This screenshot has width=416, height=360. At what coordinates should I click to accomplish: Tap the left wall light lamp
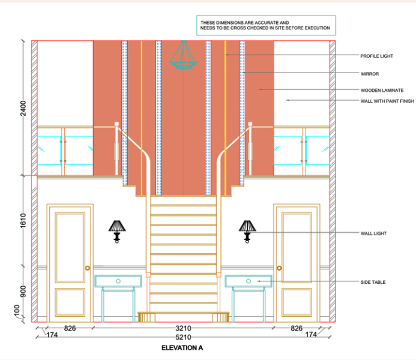[117, 230]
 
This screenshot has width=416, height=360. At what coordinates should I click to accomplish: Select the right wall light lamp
[247, 230]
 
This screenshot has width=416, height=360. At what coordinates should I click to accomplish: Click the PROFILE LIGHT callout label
[376, 56]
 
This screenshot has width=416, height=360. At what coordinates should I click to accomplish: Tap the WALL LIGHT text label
[372, 233]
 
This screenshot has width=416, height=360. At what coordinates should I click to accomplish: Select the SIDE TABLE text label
[373, 282]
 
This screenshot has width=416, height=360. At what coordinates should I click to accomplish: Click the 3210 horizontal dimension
[183, 329]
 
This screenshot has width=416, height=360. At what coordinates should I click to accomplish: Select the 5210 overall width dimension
[183, 337]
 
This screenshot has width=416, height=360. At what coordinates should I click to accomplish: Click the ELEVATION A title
[183, 348]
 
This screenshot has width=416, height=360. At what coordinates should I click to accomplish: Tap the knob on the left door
[88, 268]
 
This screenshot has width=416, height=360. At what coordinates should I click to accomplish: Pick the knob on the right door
[279, 268]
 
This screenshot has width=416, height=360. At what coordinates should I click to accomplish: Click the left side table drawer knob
[118, 281]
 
